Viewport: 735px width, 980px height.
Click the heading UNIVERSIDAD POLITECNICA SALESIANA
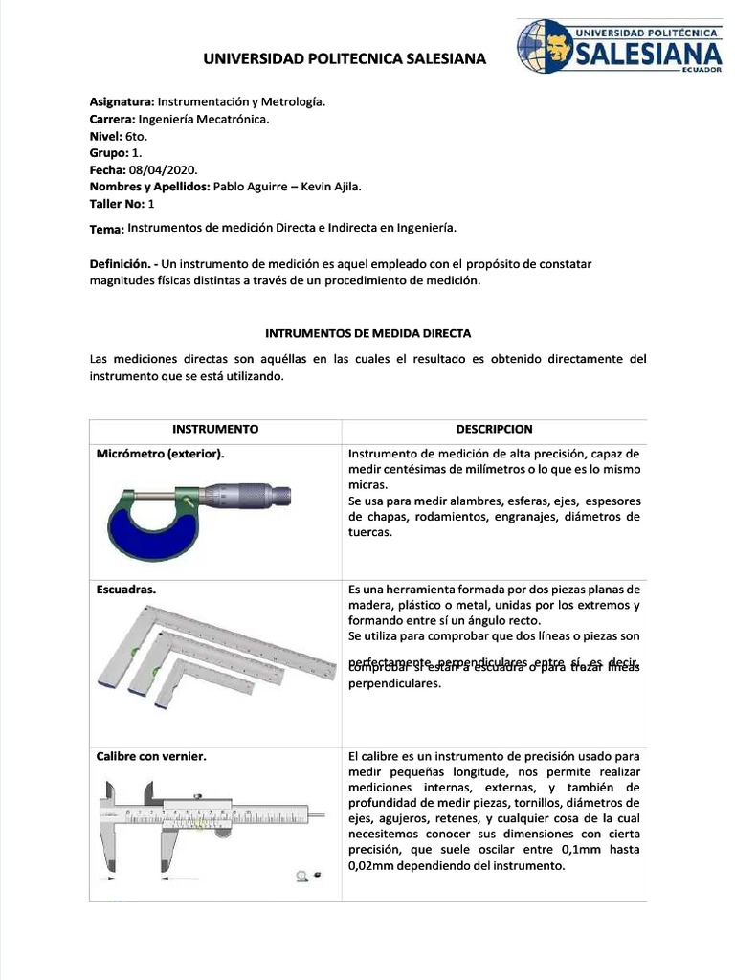(x=345, y=59)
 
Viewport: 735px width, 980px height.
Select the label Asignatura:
(x=122, y=102)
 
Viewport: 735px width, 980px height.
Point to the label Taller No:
(x=117, y=204)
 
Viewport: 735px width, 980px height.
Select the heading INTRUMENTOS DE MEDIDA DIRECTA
(x=367, y=333)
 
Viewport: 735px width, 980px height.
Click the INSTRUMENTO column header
(x=215, y=430)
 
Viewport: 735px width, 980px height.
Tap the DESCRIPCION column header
(x=494, y=430)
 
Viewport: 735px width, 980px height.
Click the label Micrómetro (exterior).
(x=161, y=454)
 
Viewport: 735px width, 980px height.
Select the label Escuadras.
(x=126, y=590)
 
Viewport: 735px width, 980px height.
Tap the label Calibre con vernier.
(x=152, y=756)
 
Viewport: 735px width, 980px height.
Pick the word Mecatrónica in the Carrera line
(x=234, y=120)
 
